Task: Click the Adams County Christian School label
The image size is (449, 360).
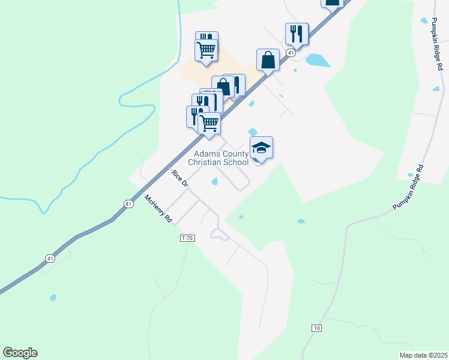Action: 218,158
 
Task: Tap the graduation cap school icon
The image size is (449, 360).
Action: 261,147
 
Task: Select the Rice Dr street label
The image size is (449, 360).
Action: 180,179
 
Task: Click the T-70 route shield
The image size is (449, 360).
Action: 188,238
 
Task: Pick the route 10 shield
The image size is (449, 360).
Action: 317,328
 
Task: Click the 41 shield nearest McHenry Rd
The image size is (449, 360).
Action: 128,204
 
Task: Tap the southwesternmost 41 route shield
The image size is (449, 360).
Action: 50,259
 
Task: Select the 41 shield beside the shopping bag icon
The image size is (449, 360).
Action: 291,53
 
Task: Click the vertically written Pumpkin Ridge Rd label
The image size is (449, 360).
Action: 437,44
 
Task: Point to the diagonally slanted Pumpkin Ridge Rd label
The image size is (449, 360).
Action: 409,187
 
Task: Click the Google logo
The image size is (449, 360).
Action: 20,353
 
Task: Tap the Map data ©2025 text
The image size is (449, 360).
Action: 423,355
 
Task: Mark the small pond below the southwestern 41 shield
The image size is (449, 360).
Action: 53,297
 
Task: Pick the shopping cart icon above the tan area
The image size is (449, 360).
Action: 206,50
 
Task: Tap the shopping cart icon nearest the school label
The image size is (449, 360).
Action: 209,122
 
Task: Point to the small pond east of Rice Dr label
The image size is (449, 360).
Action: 214,182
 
